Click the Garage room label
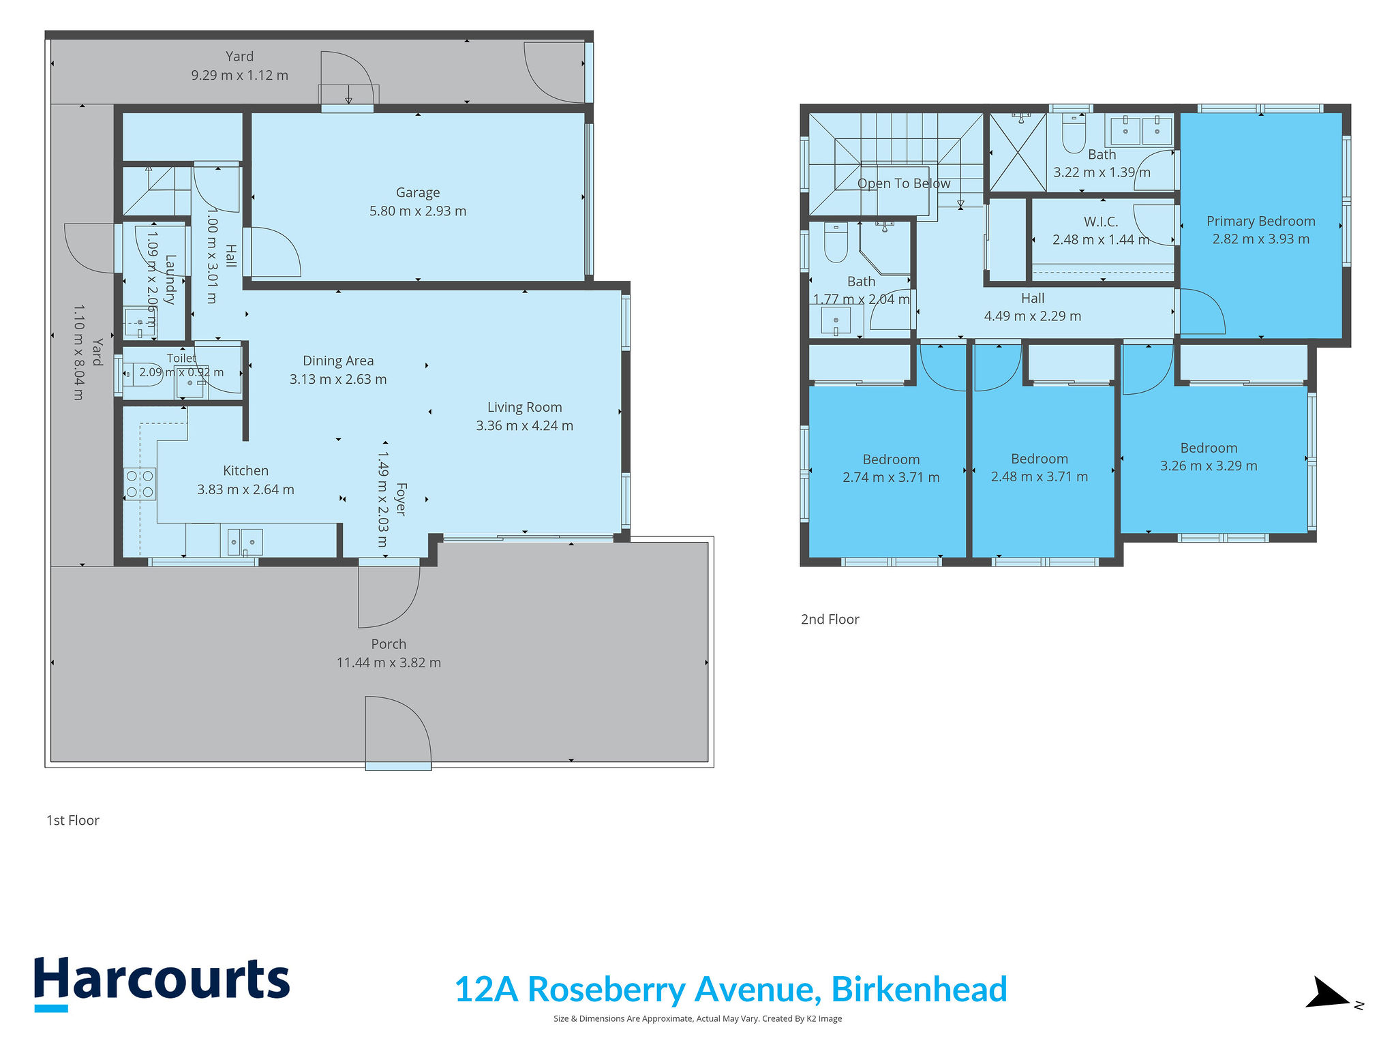click(x=418, y=193)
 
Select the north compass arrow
click(x=1327, y=992)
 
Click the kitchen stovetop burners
click(x=139, y=484)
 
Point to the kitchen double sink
click(x=245, y=542)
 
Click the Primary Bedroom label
click(x=1260, y=221)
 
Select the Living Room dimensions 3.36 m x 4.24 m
click(x=524, y=425)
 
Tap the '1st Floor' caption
click(x=73, y=820)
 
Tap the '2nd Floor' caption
click(x=830, y=619)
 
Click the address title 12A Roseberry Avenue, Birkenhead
click(x=731, y=989)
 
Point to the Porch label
click(x=389, y=644)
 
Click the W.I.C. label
click(x=1101, y=222)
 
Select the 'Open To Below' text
click(x=903, y=183)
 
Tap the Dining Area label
click(x=338, y=361)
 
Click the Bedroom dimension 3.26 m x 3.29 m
click(x=1209, y=466)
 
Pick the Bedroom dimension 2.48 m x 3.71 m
click(x=1039, y=476)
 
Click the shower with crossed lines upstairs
click(x=1018, y=152)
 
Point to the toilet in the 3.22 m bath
click(x=1074, y=134)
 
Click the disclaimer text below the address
click(x=697, y=1018)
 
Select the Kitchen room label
click(x=245, y=470)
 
